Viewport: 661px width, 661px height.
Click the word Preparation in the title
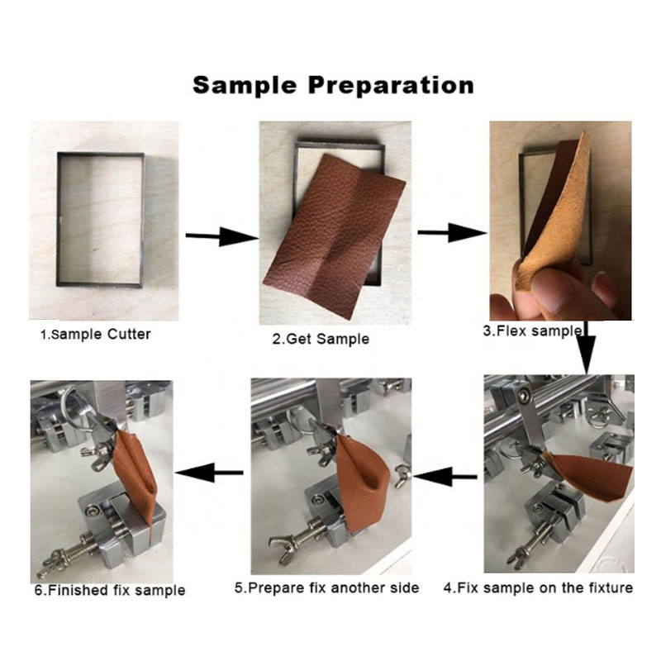(x=391, y=86)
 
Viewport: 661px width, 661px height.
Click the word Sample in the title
(x=245, y=85)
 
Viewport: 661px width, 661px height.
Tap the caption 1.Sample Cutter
(x=95, y=335)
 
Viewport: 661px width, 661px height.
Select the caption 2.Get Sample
(x=321, y=339)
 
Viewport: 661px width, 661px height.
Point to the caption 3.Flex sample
(x=533, y=331)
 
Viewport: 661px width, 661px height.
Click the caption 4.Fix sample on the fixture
(x=538, y=587)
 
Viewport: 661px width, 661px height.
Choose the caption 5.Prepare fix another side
(x=326, y=587)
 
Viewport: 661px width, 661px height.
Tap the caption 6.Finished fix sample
(x=110, y=590)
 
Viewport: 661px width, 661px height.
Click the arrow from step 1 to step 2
(x=222, y=236)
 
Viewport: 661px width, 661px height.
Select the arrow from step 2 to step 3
(x=452, y=233)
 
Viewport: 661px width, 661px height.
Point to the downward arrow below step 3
(x=587, y=347)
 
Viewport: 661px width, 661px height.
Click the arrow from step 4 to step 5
(x=445, y=477)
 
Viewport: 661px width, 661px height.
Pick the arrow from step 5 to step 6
(x=209, y=473)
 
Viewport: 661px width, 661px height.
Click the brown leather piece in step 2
(x=335, y=235)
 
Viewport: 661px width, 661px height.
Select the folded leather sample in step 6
(x=136, y=479)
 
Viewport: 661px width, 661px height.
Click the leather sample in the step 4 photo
(x=590, y=474)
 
